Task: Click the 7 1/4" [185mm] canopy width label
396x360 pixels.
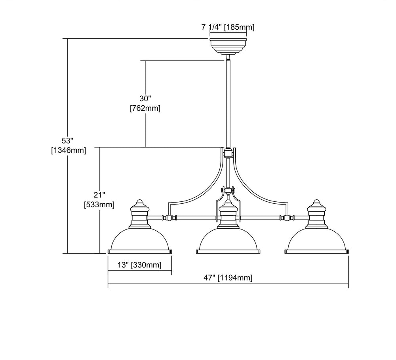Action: pyautogui.click(x=228, y=27)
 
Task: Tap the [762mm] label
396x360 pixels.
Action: pyautogui.click(x=145, y=108)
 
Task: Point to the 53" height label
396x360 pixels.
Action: pyautogui.click(x=68, y=141)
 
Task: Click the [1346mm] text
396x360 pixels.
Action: pyautogui.click(x=69, y=150)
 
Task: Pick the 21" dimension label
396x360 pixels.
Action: pyautogui.click(x=99, y=195)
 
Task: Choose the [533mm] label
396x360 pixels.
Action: pyautogui.click(x=99, y=205)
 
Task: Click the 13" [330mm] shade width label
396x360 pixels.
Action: pyautogui.click(x=140, y=265)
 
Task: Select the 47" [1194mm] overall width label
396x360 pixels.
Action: pyautogui.click(x=228, y=278)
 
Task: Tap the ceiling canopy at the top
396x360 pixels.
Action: pyautogui.click(x=228, y=45)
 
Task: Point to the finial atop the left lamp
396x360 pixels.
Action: pyautogui.click(x=139, y=203)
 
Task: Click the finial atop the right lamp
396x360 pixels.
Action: pyautogui.click(x=316, y=203)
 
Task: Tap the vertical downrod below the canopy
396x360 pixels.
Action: pyautogui.click(x=228, y=103)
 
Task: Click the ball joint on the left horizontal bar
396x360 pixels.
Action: pyautogui.click(x=171, y=218)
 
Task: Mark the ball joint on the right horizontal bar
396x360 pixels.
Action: pyautogui.click(x=286, y=218)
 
